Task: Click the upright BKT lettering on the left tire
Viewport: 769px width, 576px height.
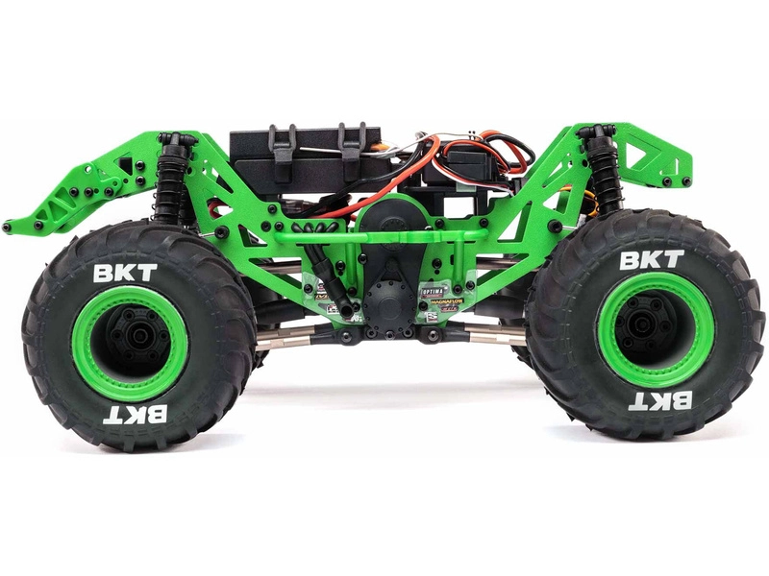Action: tap(125, 273)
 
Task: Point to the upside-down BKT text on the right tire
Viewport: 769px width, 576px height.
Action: tap(661, 400)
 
